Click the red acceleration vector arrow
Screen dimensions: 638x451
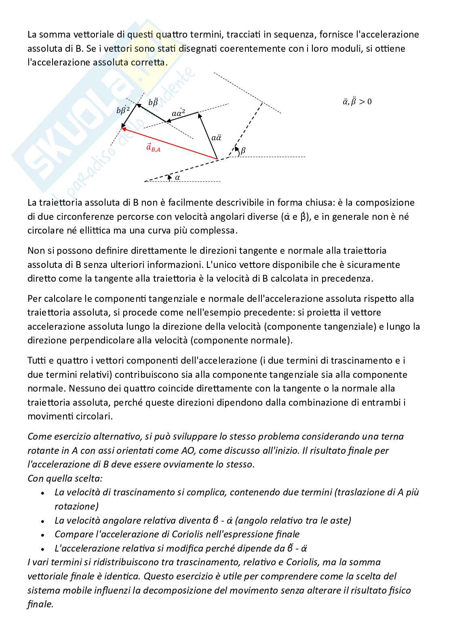170,144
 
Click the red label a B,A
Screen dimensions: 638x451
153,148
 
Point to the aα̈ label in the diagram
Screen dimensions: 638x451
216,137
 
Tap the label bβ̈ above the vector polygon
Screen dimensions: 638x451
153,102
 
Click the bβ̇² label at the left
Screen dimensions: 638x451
123,109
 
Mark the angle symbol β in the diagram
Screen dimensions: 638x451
243,151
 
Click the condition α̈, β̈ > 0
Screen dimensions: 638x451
357,101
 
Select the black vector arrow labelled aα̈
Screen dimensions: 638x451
208,135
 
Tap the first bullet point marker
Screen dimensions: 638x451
42,493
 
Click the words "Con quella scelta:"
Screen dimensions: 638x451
65,478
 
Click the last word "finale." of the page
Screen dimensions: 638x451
40,604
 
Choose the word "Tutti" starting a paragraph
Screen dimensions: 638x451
37,360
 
